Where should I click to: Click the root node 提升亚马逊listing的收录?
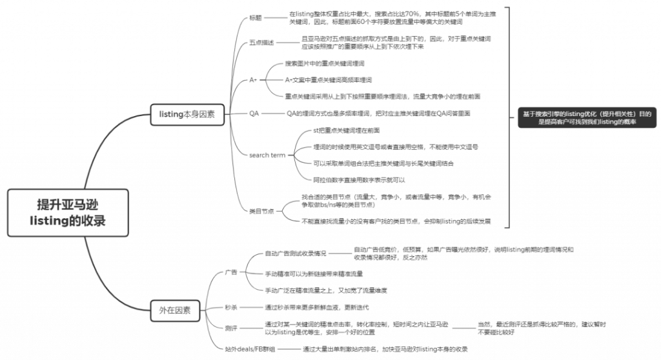click(68, 212)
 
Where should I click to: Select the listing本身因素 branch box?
click(187, 114)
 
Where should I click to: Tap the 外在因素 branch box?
click(174, 310)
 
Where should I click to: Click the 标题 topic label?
click(257, 17)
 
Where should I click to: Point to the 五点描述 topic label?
click(261, 43)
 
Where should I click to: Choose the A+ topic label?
click(254, 80)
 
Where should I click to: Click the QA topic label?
click(254, 114)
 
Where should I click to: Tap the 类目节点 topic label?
click(261, 210)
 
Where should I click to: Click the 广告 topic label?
click(230, 272)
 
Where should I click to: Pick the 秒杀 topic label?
click(230, 308)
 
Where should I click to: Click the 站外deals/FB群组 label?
click(250, 349)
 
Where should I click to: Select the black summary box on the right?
click(586, 117)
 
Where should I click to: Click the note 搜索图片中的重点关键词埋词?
click(325, 64)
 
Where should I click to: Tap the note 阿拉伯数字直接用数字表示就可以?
click(359, 179)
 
